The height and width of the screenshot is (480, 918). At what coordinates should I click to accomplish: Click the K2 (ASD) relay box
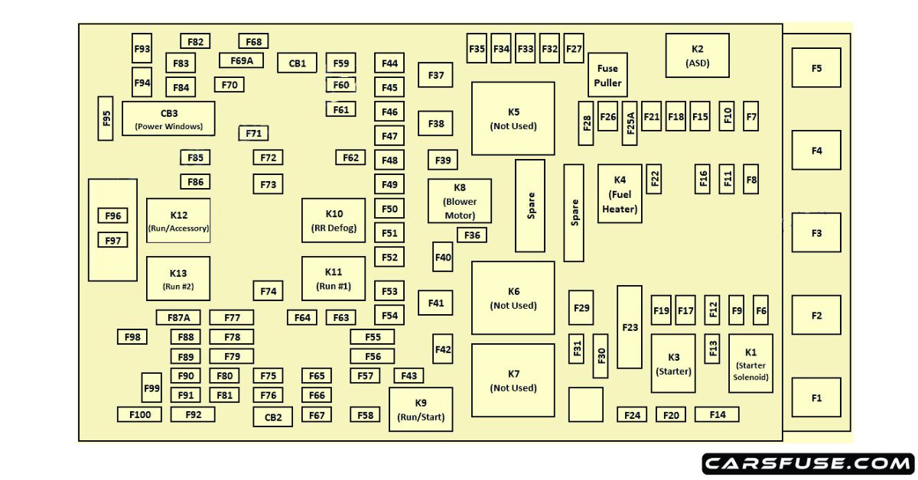tap(697, 55)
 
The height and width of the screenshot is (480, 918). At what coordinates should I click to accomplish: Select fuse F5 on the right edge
tap(816, 68)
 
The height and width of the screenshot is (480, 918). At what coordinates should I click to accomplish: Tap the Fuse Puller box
tap(608, 75)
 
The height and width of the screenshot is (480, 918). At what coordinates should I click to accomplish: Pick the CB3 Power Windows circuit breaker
tap(168, 118)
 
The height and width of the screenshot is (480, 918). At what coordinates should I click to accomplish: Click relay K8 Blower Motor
tap(459, 201)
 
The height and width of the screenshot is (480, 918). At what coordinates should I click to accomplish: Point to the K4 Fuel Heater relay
tap(620, 194)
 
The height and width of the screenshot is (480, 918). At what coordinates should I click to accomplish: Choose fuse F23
tap(630, 327)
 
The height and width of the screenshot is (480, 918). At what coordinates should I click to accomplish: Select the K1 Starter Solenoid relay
tap(750, 363)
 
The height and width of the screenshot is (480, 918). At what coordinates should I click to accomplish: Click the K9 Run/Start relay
tap(421, 409)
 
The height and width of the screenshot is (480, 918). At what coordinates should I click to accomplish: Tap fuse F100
tap(139, 414)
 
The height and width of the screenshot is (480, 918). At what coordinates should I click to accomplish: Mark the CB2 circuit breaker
tap(273, 417)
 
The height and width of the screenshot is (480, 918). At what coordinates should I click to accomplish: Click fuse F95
tap(106, 118)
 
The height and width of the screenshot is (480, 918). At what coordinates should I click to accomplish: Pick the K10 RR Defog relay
tap(334, 220)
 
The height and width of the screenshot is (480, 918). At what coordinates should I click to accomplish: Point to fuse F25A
tap(630, 123)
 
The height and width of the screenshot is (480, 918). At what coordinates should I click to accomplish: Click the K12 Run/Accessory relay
tap(178, 220)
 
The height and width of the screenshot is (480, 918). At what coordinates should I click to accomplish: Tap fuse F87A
tap(178, 317)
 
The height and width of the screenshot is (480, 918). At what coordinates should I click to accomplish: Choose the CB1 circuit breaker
tap(297, 63)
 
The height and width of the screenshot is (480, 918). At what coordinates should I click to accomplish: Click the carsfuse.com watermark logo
tap(808, 463)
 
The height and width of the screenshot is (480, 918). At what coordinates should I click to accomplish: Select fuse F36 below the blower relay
tap(472, 235)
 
